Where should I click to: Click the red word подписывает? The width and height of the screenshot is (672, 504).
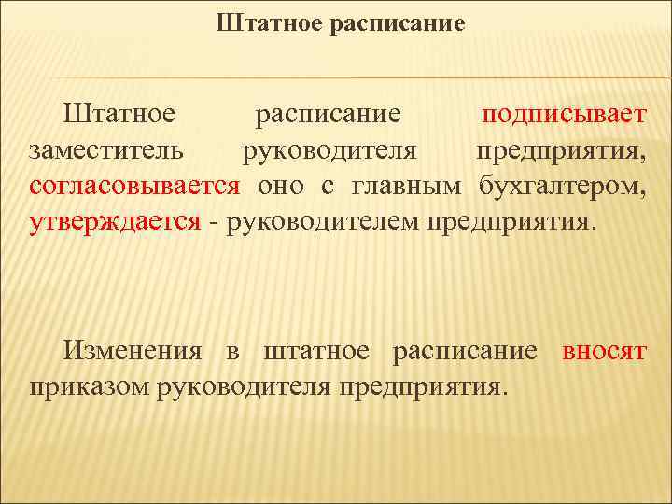coord(564,116)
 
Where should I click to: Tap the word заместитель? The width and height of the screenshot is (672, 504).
coord(105,151)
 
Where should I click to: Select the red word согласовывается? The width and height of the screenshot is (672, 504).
coord(134,186)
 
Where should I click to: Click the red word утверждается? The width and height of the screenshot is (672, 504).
coord(115,221)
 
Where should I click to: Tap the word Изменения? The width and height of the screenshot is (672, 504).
coord(132,351)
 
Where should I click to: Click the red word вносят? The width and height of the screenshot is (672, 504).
coord(604,351)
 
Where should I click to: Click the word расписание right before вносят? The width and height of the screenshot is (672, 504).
coord(465,351)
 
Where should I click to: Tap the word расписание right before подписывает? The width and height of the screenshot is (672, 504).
coord(329,116)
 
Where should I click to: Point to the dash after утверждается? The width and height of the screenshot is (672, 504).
coord(214,222)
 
